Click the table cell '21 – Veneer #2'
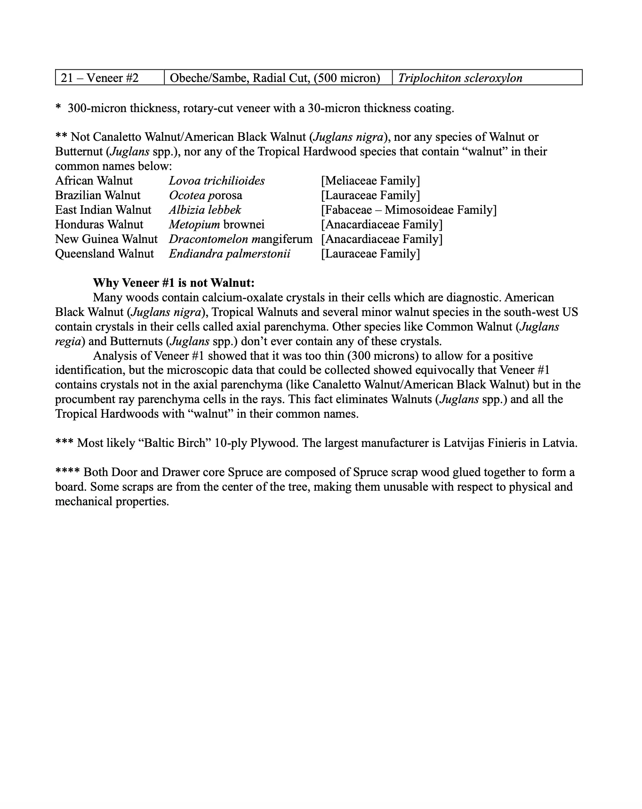[x=100, y=78]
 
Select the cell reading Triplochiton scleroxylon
[x=460, y=78]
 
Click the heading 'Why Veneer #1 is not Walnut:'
[x=174, y=283]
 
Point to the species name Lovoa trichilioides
[x=217, y=181]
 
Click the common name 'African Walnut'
[x=94, y=181]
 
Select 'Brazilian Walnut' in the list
[x=97, y=195]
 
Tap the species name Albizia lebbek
[x=205, y=210]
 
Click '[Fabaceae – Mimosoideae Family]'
[x=409, y=210]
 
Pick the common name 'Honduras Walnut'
[x=99, y=225]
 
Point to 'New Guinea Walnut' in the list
[x=106, y=239]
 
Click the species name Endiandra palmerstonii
[x=229, y=254]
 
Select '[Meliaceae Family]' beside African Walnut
[x=370, y=181]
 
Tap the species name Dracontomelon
[x=209, y=239]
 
